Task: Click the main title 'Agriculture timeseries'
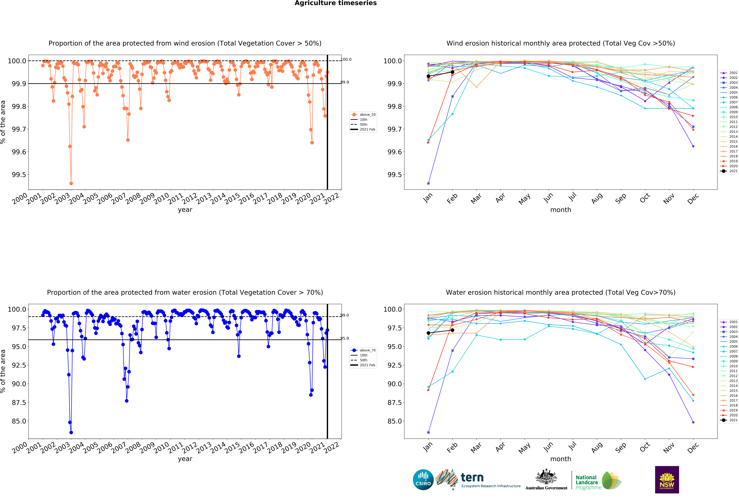pos(335,3)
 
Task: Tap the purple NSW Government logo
pos(667,480)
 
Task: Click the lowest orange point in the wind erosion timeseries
pos(71,183)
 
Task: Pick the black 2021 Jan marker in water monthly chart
pos(428,333)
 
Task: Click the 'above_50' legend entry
pos(367,115)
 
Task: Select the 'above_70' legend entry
pos(367,350)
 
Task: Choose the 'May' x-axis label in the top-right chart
pos(524,199)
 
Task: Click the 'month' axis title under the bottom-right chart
pos(561,459)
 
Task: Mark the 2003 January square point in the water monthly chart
pos(428,432)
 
